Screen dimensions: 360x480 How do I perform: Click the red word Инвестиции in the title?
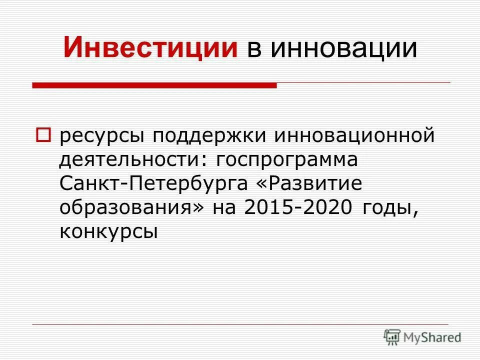pyautogui.click(x=150, y=48)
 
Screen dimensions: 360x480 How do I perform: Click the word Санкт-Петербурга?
pyautogui.click(x=153, y=183)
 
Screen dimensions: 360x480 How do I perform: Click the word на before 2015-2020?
pyautogui.click(x=224, y=207)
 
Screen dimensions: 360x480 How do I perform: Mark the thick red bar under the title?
pyautogui.click(x=154, y=85)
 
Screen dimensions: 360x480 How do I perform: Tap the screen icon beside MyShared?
pyautogui.click(x=392, y=337)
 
